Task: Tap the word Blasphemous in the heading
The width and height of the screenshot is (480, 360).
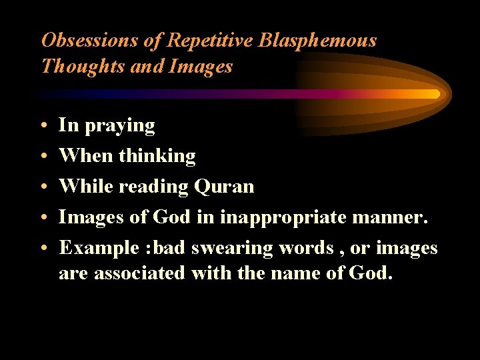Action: (317, 41)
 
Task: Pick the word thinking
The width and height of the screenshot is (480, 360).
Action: (157, 156)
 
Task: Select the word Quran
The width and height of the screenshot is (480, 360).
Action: (224, 187)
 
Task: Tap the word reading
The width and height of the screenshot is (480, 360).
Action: (153, 187)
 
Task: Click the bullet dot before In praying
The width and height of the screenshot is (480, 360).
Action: (43, 126)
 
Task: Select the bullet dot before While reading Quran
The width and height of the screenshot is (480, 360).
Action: (43, 187)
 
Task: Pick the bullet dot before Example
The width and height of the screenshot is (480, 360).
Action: (43, 249)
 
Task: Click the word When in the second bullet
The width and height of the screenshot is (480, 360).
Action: (86, 156)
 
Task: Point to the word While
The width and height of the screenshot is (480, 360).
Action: (86, 187)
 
